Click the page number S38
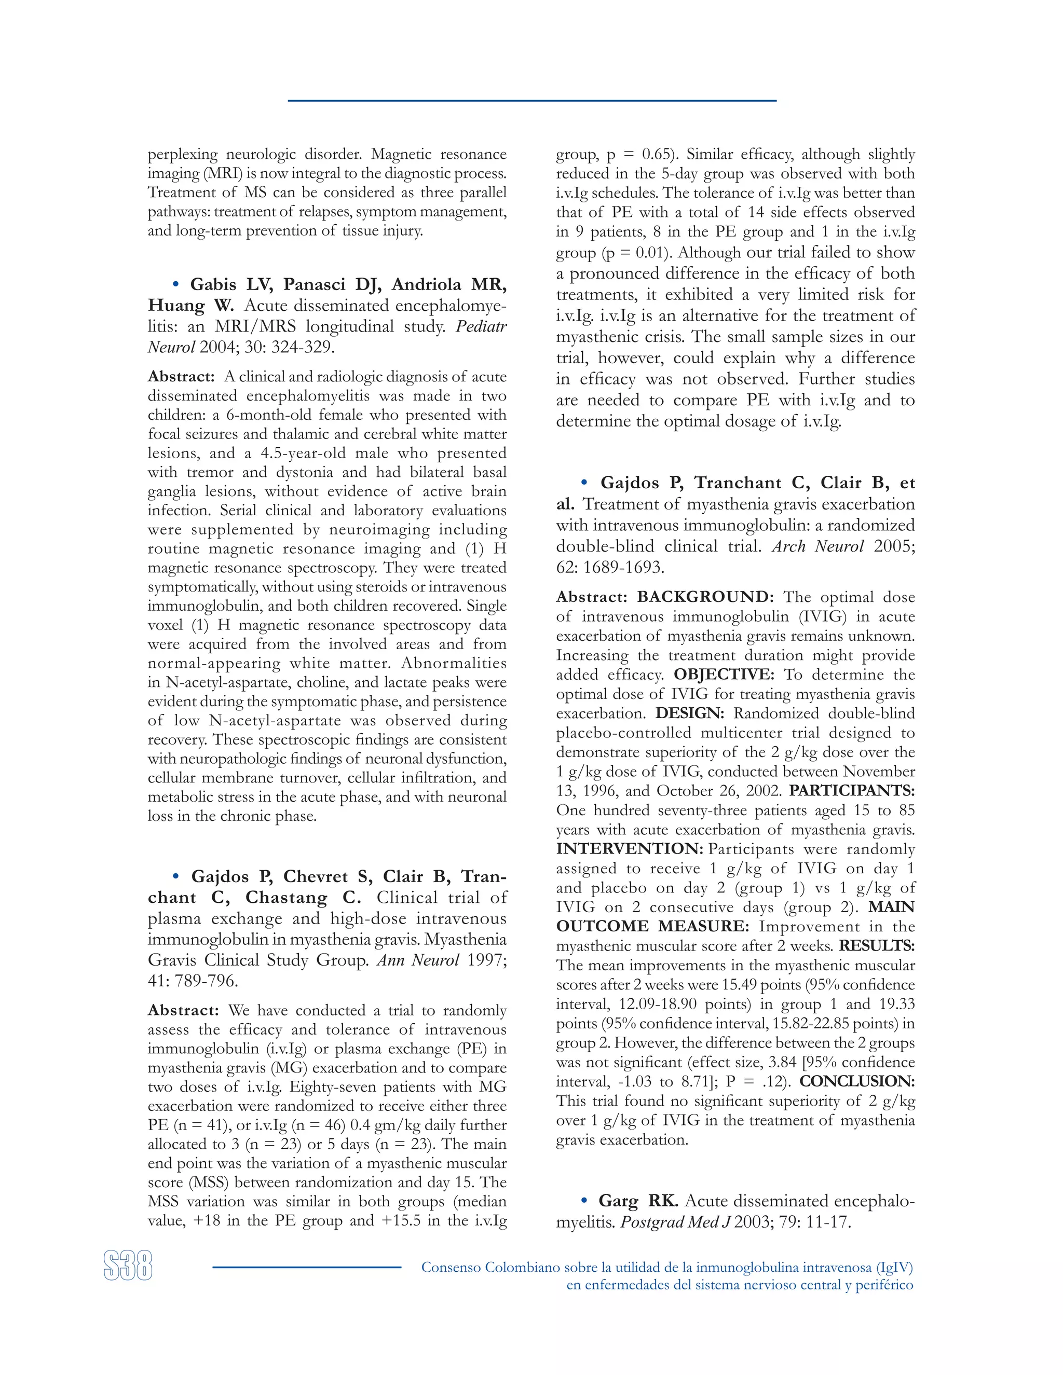tap(128, 1266)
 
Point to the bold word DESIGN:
tap(690, 713)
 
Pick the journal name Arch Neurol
tap(817, 546)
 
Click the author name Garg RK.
tap(638, 1201)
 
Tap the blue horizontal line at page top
tap(531, 101)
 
